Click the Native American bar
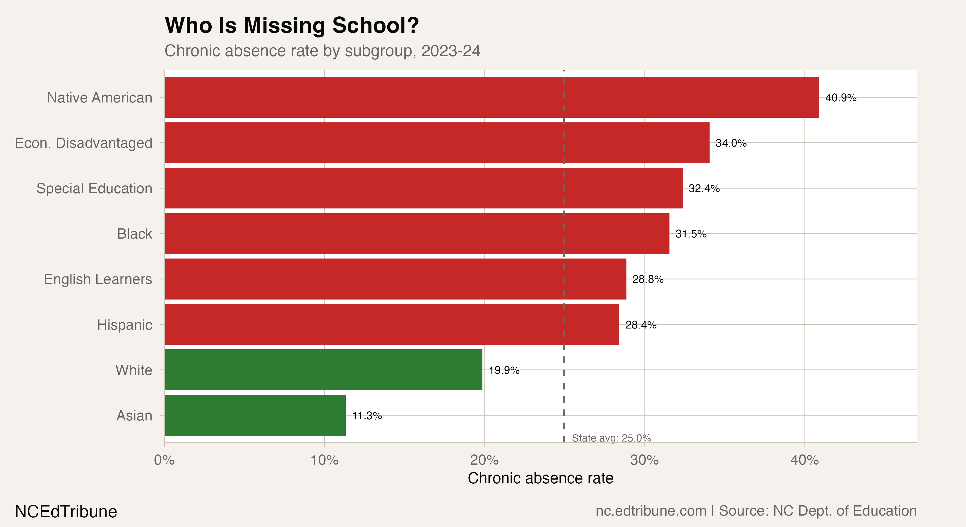click(x=491, y=97)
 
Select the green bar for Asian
click(x=255, y=415)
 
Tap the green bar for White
click(x=323, y=370)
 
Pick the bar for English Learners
click(x=395, y=279)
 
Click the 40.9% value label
click(x=841, y=98)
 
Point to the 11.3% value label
click(x=367, y=416)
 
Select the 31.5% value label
click(x=691, y=234)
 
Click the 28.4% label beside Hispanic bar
click(x=640, y=325)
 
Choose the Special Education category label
click(x=94, y=188)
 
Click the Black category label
click(x=134, y=234)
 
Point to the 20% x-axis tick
click(x=484, y=460)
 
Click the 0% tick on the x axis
click(x=164, y=460)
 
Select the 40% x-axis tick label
click(x=804, y=460)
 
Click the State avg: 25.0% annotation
click(x=611, y=438)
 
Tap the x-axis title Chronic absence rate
click(x=540, y=478)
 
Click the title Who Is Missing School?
click(x=292, y=25)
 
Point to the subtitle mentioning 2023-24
click(x=322, y=51)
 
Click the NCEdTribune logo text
click(x=66, y=511)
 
